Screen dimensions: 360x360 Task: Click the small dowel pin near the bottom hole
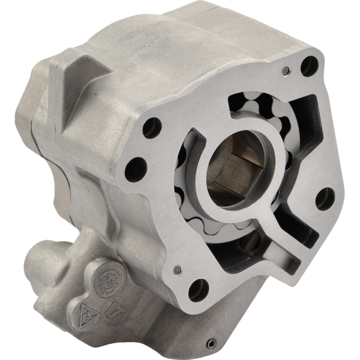[x=178, y=268]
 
